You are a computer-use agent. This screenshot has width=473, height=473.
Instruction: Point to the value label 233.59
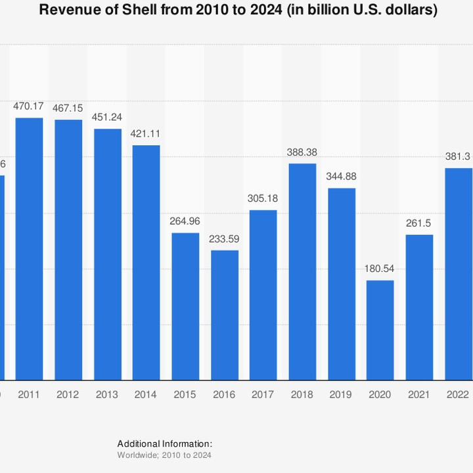pyautogui.click(x=224, y=238)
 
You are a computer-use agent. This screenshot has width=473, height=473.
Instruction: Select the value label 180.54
pyautogui.click(x=380, y=268)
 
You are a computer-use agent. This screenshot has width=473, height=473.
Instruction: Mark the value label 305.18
pyautogui.click(x=263, y=198)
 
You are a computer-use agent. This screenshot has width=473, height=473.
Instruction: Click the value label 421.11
pyautogui.click(x=146, y=133)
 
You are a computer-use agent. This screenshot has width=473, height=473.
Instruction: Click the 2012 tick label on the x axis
pyautogui.click(x=68, y=395)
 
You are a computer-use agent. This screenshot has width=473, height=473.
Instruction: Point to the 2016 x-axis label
pyautogui.click(x=224, y=395)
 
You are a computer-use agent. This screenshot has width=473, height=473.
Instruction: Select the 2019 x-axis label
pyautogui.click(x=342, y=395)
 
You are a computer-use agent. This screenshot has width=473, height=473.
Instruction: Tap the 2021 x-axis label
pyautogui.click(x=419, y=395)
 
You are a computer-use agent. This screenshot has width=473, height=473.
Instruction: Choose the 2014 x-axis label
pyautogui.click(x=146, y=395)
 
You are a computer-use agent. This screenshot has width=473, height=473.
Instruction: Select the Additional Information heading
pyautogui.click(x=165, y=443)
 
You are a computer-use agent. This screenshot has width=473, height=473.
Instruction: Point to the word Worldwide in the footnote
pyautogui.click(x=135, y=455)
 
